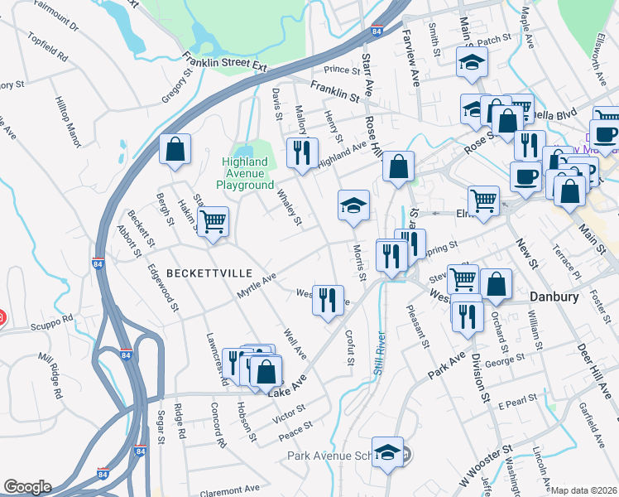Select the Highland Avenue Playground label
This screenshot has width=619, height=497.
click(245, 173)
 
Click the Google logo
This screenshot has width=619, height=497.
click(27, 487)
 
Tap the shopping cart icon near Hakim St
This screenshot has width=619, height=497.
click(214, 221)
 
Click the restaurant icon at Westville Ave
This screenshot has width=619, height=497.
click(328, 299)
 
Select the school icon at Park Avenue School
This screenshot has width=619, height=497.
click(387, 451)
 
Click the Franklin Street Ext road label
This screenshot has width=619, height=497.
click(227, 62)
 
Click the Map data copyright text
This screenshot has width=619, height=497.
click(583, 490)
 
